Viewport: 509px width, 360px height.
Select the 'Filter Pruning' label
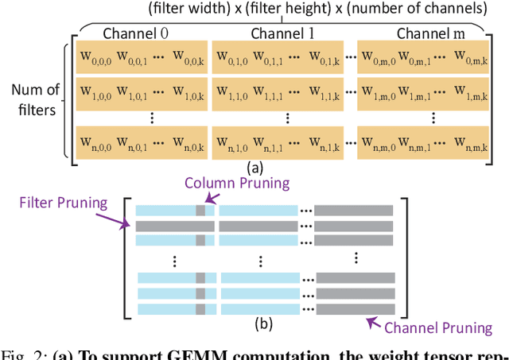coord(62,202)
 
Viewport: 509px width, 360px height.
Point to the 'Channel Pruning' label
coord(438,327)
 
